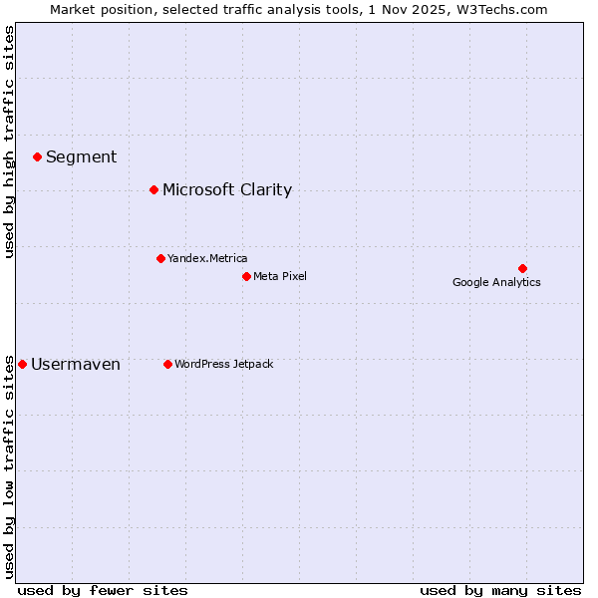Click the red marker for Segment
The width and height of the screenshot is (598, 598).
[x=37, y=156]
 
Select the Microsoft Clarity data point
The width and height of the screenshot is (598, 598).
[x=153, y=189]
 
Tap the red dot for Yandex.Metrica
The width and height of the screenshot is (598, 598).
[x=160, y=258]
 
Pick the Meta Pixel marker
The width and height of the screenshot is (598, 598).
[x=246, y=276]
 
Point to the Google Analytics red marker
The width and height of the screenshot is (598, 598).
[x=522, y=268]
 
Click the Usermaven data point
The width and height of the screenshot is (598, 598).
[x=23, y=364]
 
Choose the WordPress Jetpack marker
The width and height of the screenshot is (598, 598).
[x=167, y=364]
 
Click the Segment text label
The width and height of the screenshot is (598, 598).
[x=81, y=156]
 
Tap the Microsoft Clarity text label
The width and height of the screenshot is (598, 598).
[x=227, y=189]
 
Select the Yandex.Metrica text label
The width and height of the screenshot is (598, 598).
[x=207, y=258]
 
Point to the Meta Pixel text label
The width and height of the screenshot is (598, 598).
[x=280, y=276]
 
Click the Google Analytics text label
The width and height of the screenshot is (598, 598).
[x=496, y=282]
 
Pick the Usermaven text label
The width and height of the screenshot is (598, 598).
[x=76, y=364]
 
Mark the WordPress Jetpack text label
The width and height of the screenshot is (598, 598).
[x=223, y=364]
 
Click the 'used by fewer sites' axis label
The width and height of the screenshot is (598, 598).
[x=103, y=590]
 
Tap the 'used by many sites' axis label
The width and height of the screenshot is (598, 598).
[x=500, y=590]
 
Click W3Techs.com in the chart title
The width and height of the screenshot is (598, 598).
[x=509, y=10]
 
